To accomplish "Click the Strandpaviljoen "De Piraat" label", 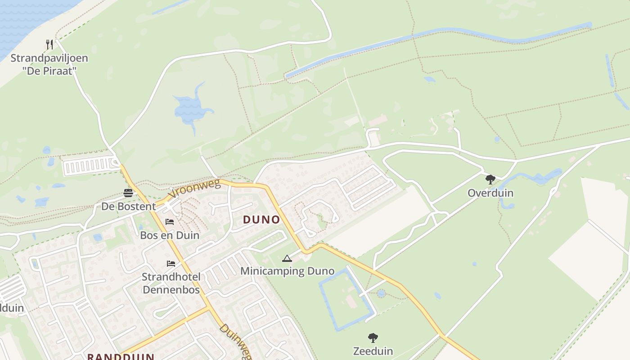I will (x=49, y=64).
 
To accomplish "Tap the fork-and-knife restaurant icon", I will (x=49, y=44).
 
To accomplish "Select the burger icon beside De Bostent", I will (x=128, y=193).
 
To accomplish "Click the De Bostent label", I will (x=128, y=207).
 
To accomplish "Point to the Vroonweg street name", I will (x=194, y=189).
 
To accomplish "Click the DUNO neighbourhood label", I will (x=261, y=220).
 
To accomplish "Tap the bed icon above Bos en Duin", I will (x=170, y=221).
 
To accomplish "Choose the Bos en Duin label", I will (x=170, y=235).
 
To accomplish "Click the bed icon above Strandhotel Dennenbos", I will (x=171, y=263).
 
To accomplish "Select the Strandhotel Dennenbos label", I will (x=171, y=283).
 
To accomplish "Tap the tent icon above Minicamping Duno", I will (x=287, y=258).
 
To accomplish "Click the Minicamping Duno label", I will (x=287, y=271).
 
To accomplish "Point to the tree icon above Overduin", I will (x=490, y=180).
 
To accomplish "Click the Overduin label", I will (x=490, y=193).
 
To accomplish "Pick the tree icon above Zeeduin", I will (x=373, y=337).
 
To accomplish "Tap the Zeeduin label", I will (x=373, y=351).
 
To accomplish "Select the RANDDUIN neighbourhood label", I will (x=121, y=356).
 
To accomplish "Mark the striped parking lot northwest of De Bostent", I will (x=88, y=166).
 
